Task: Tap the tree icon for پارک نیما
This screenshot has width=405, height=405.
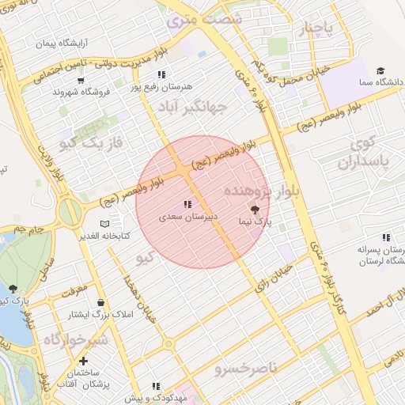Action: (x=255, y=210)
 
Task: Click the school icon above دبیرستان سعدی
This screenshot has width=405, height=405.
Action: (x=187, y=205)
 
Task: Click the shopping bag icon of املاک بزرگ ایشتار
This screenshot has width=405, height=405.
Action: (x=100, y=303)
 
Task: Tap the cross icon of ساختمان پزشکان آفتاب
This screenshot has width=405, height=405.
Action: (x=83, y=361)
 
